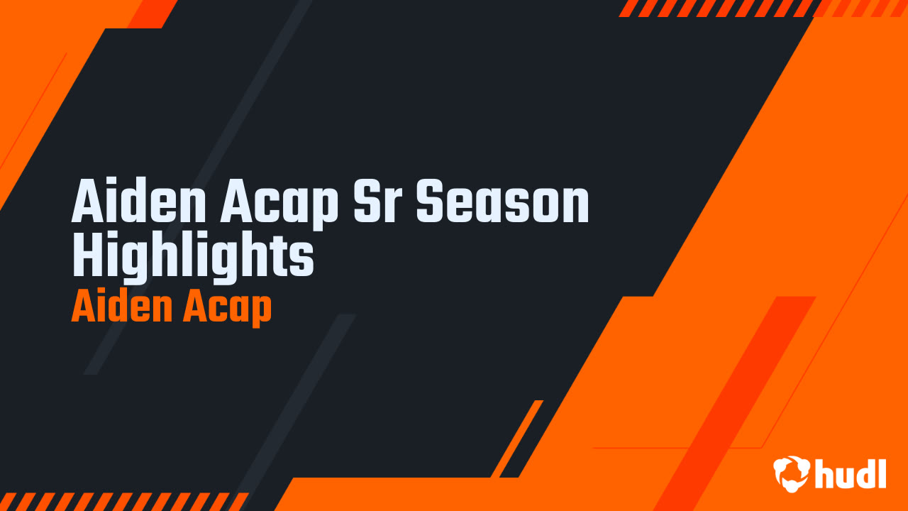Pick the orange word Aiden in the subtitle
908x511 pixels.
click(x=118, y=307)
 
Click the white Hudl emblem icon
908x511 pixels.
click(x=792, y=473)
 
